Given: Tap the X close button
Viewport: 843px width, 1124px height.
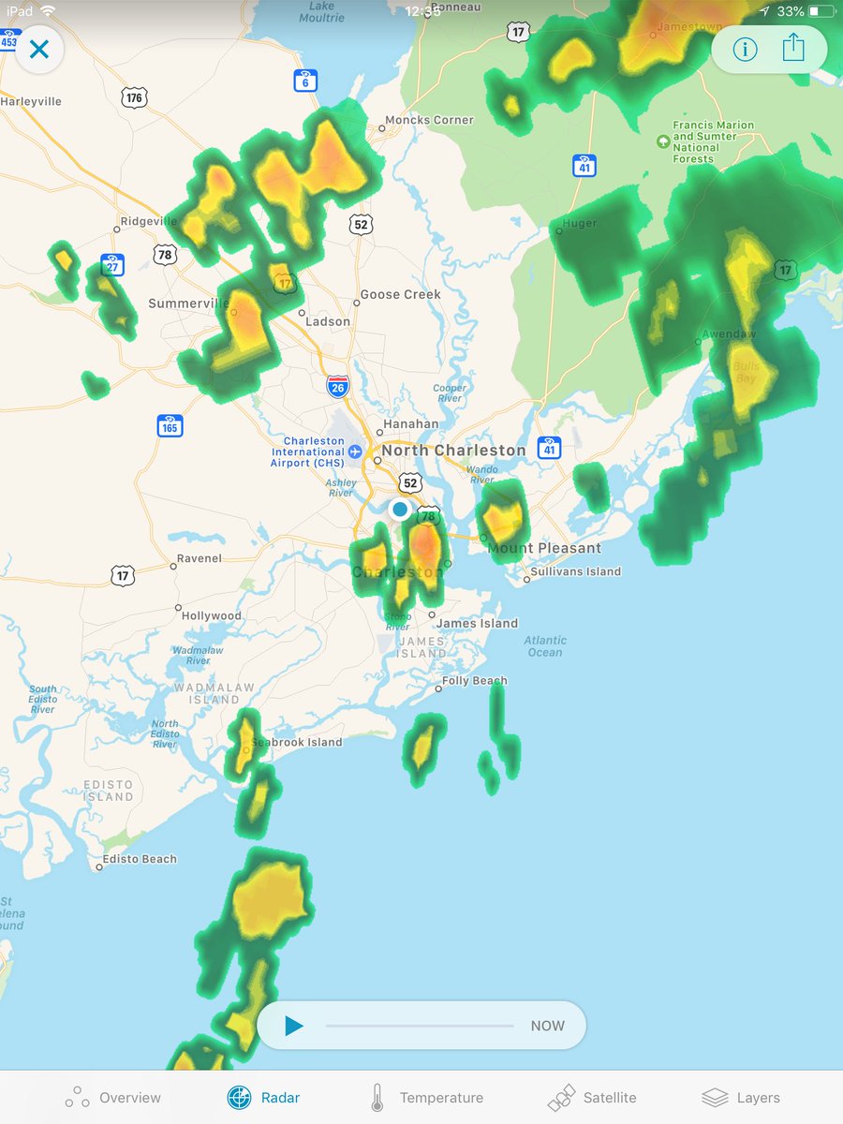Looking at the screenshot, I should [38, 50].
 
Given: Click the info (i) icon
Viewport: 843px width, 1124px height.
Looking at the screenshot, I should [745, 49].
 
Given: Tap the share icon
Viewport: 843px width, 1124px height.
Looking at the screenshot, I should [793, 48].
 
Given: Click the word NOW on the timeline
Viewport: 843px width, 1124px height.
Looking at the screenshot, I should [547, 1026].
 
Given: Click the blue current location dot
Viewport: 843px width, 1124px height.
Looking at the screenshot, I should [400, 509].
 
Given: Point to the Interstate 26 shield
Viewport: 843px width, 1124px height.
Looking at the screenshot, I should [338, 386].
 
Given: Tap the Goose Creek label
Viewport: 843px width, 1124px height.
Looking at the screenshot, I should [400, 294].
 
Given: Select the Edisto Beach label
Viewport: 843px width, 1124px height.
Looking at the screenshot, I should [140, 859].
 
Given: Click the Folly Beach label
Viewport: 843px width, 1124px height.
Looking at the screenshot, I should [474, 681].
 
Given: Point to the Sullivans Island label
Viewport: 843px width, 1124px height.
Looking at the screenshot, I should [575, 571].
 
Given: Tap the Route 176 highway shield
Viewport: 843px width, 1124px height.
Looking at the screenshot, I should [134, 97].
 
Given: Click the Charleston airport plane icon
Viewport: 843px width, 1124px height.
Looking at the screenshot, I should [355, 451].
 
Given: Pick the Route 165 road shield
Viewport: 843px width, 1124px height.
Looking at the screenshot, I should [170, 426].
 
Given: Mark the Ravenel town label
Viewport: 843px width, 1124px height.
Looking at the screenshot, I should [199, 558].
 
